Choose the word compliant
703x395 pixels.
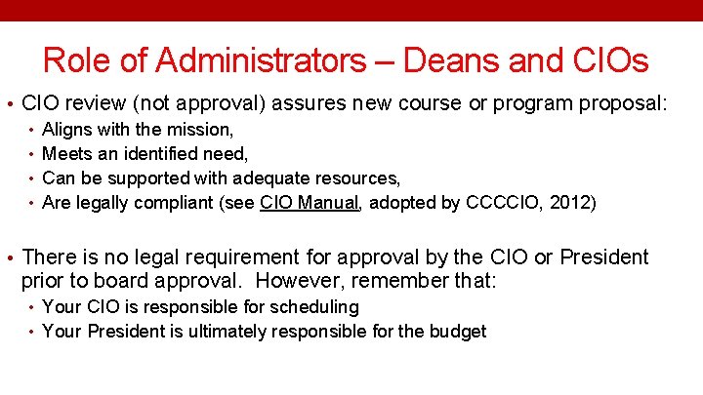[x=183, y=203]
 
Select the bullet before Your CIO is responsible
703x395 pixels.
[x=32, y=307]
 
